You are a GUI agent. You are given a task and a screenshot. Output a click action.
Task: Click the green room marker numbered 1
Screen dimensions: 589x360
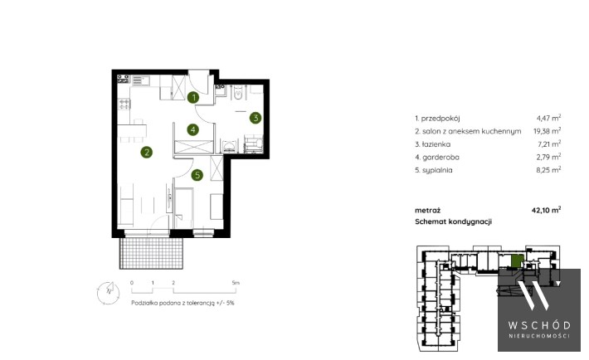pos(193,98)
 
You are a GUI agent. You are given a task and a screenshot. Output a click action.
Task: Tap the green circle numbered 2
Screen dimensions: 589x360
pos(147,152)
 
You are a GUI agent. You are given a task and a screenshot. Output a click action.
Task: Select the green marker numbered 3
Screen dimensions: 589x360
pos(256,118)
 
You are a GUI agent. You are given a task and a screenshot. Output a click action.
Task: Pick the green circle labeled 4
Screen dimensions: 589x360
pos(192,130)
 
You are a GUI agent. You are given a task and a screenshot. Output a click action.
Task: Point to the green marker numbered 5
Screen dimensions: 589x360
pos(197,175)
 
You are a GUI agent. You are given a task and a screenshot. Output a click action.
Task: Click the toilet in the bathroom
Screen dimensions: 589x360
pos(238,92)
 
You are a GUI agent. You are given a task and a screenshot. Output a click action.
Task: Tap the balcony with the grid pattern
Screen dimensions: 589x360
pos(151,253)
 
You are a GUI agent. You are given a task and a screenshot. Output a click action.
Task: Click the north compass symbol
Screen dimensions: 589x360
pos(108,292)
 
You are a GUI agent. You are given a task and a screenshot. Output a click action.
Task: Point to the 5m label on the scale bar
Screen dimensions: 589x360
pos(236,283)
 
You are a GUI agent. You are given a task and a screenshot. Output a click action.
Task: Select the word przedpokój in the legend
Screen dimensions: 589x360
pos(441,119)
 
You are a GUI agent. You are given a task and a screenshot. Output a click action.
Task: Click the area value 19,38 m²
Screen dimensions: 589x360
pos(547,131)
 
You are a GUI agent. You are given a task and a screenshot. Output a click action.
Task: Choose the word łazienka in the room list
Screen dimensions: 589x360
pos(436,144)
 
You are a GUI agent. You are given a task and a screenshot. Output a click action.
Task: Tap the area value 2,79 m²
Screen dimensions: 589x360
pos(548,157)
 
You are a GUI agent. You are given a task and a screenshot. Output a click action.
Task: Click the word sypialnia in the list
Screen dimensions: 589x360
pos(437,170)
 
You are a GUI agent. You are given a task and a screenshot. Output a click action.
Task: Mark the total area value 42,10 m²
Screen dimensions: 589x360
pos(546,210)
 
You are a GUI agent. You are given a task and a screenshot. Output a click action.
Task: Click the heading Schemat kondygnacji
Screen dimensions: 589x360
pos(454,221)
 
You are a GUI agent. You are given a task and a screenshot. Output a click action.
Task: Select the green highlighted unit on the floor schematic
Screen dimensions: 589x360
pos(518,260)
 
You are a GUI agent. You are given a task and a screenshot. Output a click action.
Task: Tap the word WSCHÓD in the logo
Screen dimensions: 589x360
pos(539,325)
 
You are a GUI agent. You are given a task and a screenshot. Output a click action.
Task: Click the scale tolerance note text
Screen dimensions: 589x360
pos(183,303)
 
